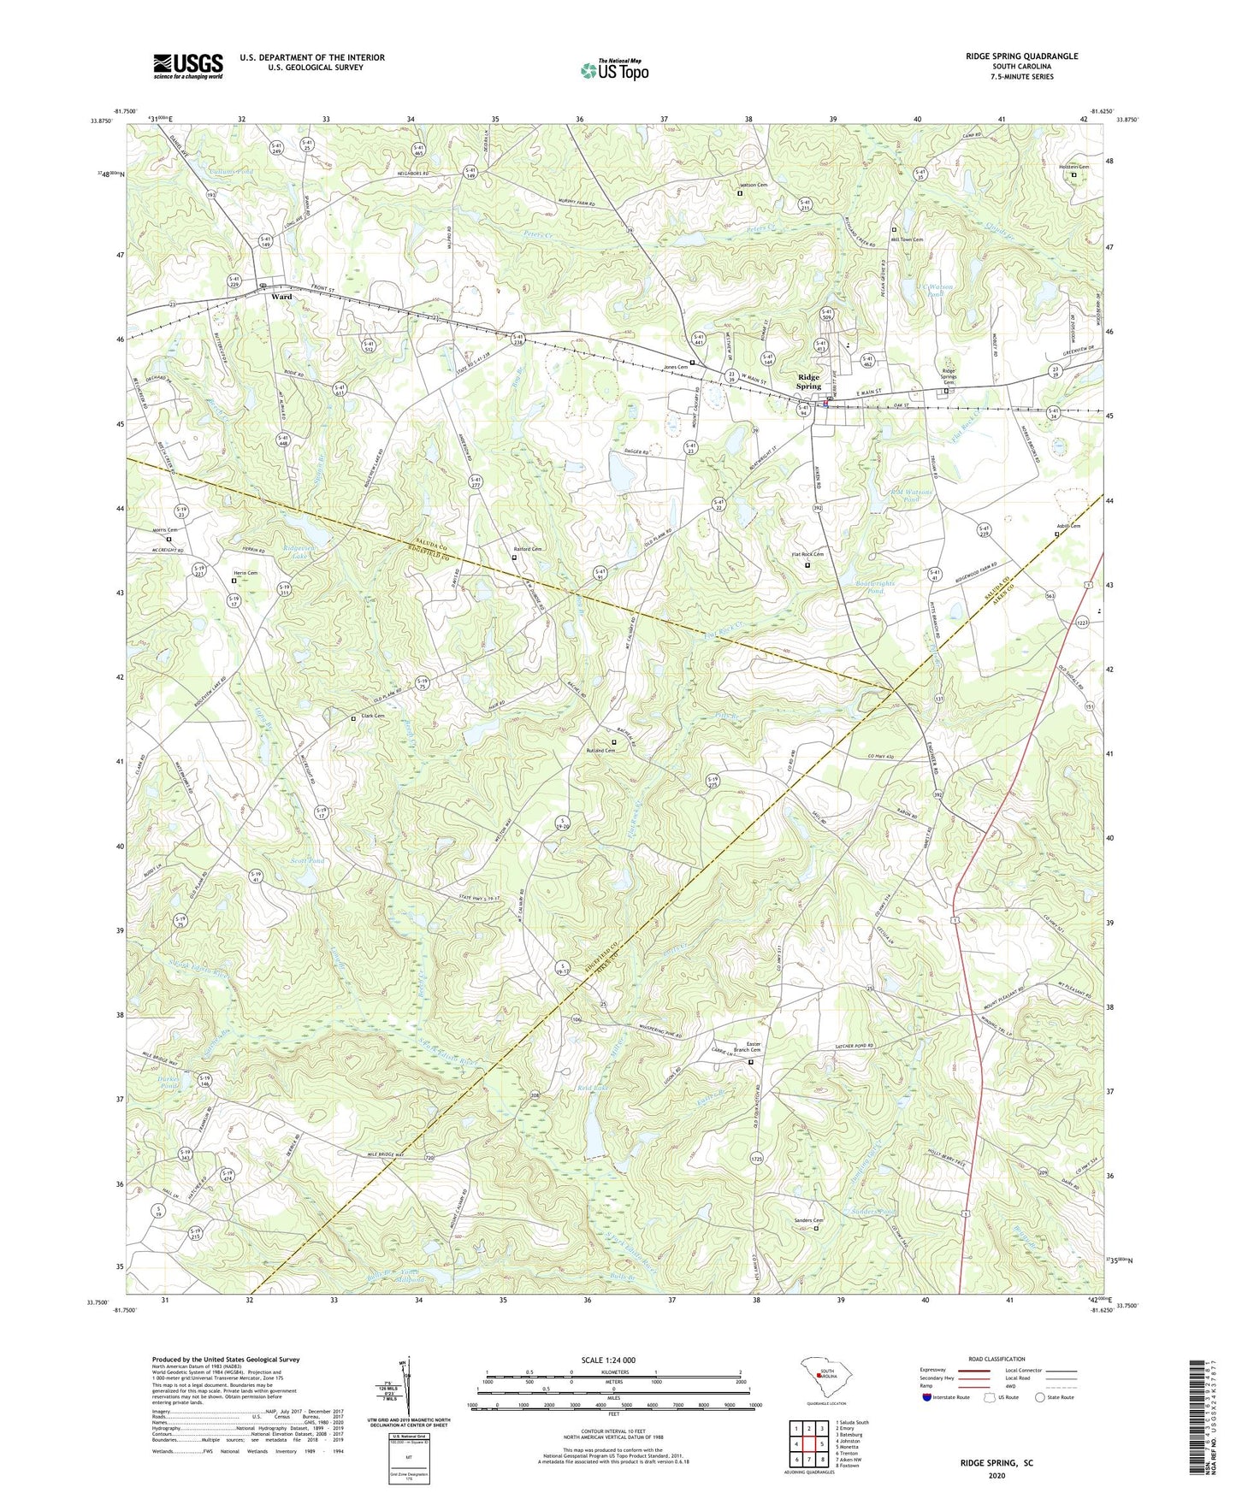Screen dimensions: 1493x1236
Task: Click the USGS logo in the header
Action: [187, 66]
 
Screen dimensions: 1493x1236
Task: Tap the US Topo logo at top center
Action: [614, 70]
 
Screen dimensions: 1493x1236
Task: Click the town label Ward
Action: [281, 297]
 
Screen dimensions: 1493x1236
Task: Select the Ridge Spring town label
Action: [808, 381]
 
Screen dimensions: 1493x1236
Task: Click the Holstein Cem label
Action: [1073, 167]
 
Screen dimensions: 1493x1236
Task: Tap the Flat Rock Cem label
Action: [807, 555]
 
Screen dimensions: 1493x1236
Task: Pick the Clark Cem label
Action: [370, 717]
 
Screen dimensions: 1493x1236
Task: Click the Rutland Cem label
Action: [600, 751]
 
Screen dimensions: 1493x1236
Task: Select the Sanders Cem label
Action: [807, 1220]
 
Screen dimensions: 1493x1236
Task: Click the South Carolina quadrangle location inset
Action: [819, 1378]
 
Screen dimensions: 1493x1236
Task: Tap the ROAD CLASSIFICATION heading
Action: [996, 1359]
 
